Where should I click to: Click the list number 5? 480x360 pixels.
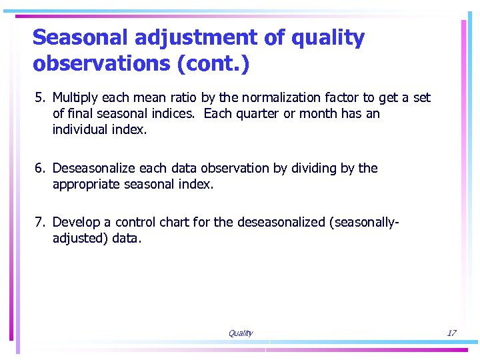click(x=39, y=98)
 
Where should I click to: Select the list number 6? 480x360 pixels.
click(x=39, y=169)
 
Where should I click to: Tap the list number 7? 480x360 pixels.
click(x=39, y=222)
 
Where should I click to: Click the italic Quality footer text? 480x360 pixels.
click(x=240, y=333)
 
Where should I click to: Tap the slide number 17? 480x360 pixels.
click(x=451, y=333)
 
